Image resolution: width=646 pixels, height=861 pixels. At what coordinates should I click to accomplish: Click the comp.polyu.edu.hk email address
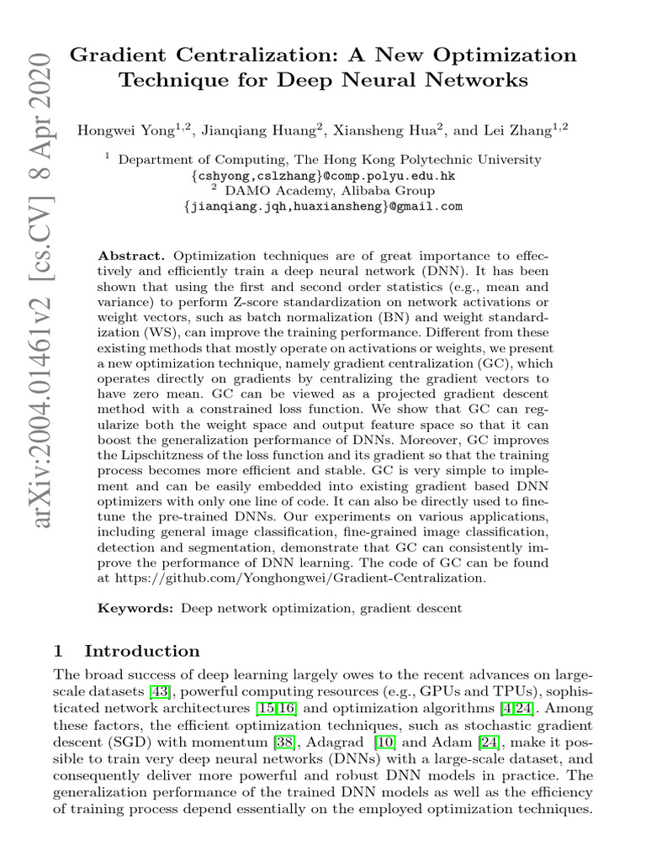tap(323, 176)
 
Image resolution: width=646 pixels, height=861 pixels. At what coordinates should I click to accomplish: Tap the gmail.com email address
tap(323, 206)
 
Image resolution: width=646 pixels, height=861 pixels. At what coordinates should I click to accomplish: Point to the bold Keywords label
tap(136, 607)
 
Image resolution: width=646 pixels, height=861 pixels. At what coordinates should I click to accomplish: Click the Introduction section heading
tap(142, 651)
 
